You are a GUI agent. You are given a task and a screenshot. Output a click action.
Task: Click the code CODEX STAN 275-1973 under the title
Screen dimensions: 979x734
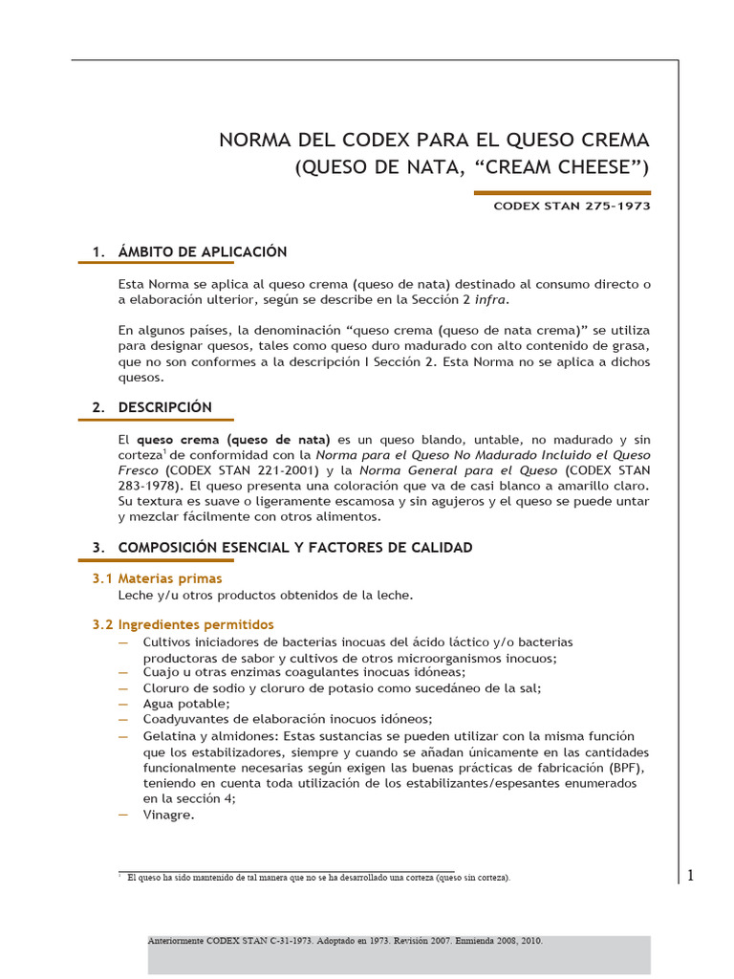click(x=572, y=207)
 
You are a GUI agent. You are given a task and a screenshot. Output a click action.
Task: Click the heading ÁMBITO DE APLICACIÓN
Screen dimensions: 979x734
click(x=203, y=251)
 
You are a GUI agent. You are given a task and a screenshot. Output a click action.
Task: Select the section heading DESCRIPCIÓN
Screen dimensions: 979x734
click(x=165, y=406)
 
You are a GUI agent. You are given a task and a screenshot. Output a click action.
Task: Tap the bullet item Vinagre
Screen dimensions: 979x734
click(x=169, y=815)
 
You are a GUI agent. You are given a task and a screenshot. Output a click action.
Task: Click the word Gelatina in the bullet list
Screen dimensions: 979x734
click(x=171, y=736)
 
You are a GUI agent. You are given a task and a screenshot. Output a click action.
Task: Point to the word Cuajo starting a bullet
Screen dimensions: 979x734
click(x=162, y=672)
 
